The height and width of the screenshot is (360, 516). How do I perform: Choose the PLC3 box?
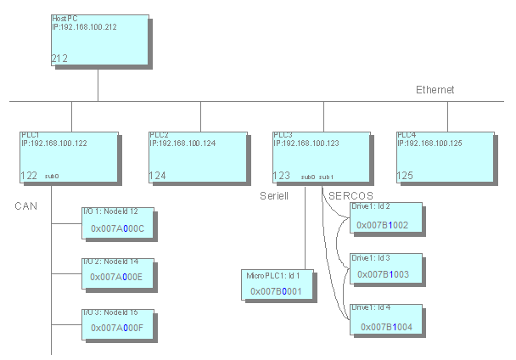click(x=320, y=157)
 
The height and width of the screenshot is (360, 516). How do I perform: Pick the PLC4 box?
click(x=445, y=157)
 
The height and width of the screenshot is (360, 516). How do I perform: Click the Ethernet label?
click(x=435, y=90)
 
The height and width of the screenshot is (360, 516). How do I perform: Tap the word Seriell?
click(x=275, y=195)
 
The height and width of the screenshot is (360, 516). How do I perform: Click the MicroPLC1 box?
click(x=278, y=284)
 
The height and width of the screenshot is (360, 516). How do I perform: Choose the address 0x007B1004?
click(x=386, y=326)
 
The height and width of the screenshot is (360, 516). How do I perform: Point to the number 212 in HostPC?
click(x=59, y=59)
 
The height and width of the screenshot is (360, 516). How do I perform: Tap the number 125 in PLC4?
click(x=405, y=176)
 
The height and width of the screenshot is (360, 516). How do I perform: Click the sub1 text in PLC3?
click(x=327, y=177)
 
